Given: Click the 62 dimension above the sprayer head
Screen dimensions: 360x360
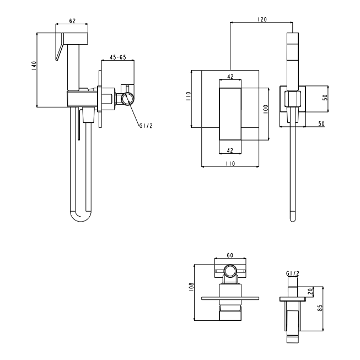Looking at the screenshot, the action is (72, 21).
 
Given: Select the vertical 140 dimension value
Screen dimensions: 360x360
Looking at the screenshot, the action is (34, 66).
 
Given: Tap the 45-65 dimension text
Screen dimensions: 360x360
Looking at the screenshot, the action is (118, 57).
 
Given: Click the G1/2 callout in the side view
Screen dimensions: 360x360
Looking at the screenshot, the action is (146, 126).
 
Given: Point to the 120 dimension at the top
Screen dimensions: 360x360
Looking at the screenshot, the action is (262, 19).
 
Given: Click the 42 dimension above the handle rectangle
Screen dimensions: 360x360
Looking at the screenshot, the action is (230, 77).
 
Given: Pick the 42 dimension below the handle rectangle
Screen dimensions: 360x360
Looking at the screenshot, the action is (230, 151).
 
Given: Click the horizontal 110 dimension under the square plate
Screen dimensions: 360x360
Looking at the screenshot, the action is (230, 164).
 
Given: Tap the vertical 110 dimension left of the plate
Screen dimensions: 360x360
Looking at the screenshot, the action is (188, 96).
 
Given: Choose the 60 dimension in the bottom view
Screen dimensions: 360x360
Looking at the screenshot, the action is (230, 255).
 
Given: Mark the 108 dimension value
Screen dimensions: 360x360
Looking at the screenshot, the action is (191, 287).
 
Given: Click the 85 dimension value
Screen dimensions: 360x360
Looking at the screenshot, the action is (320, 308).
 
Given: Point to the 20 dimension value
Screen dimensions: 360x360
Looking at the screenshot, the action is (310, 292).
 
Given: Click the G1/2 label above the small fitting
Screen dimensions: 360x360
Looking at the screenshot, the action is (293, 273).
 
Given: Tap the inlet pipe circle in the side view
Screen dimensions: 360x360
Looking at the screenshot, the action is (127, 99).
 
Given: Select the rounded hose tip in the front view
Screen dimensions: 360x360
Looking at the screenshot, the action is (293, 217).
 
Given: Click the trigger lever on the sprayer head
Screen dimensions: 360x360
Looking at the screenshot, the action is (59, 47).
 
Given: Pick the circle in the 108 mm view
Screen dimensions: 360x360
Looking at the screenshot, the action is (230, 271).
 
